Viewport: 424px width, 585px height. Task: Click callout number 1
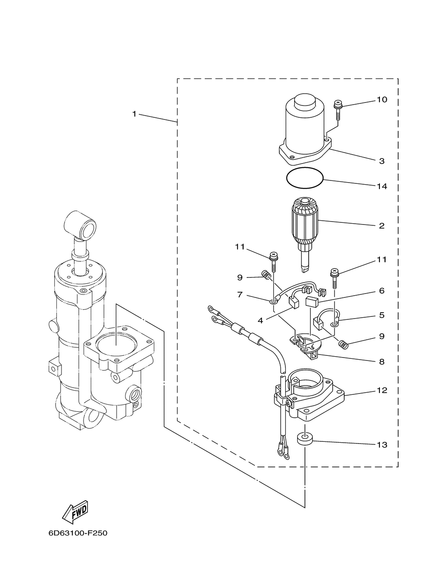tap(134, 114)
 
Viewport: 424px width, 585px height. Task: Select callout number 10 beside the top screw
tap(382, 100)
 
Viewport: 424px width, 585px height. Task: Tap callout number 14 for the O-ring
tap(382, 186)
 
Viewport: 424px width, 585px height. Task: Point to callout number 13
tap(382, 444)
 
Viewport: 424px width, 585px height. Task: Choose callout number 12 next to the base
tap(382, 390)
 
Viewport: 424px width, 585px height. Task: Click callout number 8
tap(382, 362)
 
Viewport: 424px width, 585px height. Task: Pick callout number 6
tap(382, 291)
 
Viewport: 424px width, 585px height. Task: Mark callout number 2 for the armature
tap(382, 226)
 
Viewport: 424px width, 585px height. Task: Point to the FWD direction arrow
tap(75, 513)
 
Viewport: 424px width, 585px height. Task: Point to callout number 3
tap(382, 161)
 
